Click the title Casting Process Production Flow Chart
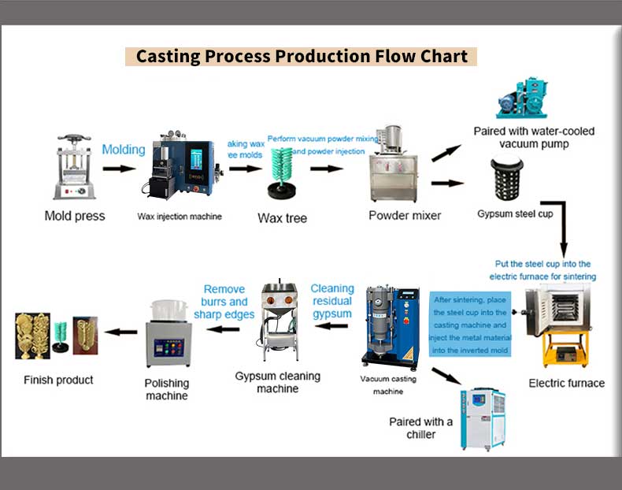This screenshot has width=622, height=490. (302, 57)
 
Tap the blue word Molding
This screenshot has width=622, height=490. (124, 149)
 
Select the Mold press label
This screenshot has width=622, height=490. (74, 216)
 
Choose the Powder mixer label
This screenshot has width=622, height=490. (405, 215)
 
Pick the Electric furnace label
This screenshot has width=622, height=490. (567, 383)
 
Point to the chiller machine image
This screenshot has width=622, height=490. (483, 417)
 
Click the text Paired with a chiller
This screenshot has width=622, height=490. (421, 428)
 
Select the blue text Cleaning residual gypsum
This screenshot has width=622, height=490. (332, 301)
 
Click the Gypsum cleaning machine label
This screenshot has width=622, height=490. (278, 382)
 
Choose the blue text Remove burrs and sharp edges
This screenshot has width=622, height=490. (224, 302)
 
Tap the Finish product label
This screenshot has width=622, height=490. (58, 380)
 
